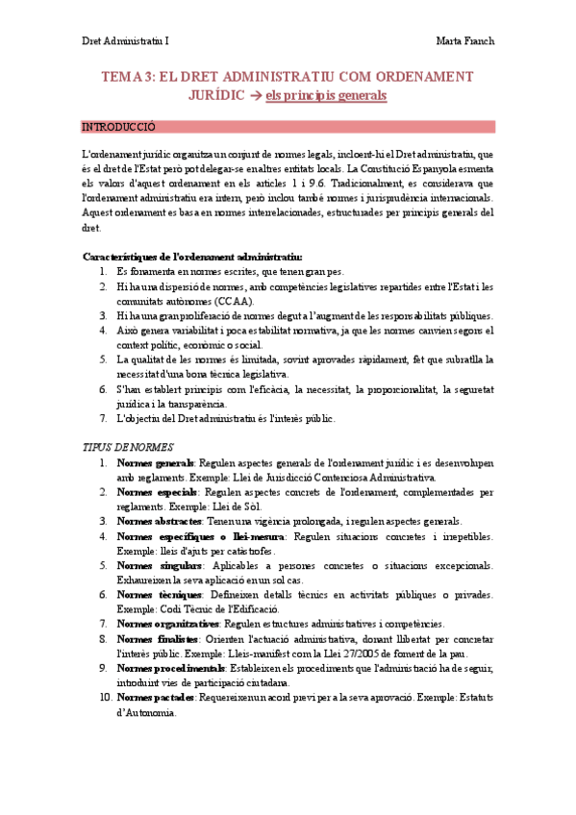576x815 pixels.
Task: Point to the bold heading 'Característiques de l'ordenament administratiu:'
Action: coord(192,257)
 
